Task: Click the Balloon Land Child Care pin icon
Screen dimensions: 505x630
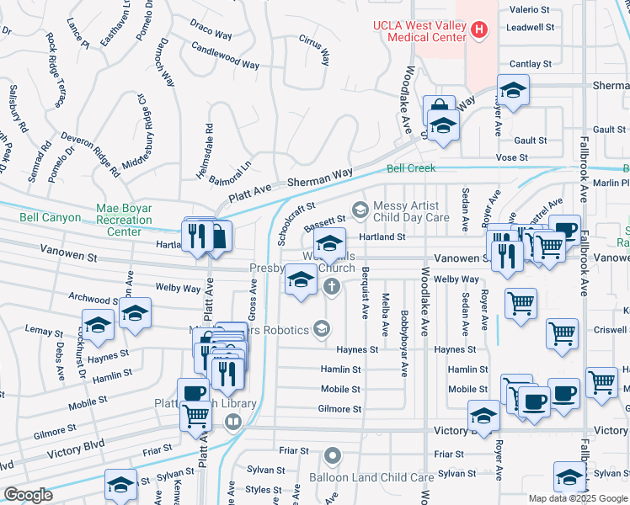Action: [333, 457]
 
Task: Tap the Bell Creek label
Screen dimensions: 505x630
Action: [411, 168]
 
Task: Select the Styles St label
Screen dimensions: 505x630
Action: [264, 489]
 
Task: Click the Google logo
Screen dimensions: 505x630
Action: [27, 495]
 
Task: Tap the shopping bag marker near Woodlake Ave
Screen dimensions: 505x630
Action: [439, 109]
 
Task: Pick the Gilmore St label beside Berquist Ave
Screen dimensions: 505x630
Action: [340, 409]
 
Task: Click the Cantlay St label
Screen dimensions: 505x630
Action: [530, 63]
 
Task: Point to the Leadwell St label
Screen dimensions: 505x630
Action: [530, 28]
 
